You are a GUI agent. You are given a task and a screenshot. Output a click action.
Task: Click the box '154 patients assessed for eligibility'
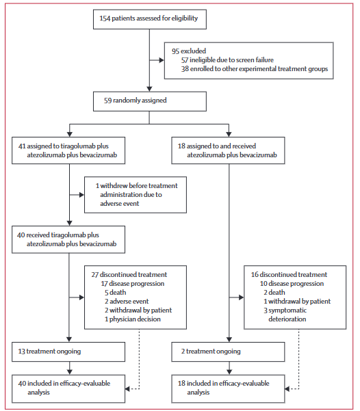pos(150,19)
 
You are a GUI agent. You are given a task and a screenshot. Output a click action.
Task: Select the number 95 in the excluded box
pos(175,51)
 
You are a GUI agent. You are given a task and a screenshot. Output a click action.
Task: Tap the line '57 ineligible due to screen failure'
pos(227,60)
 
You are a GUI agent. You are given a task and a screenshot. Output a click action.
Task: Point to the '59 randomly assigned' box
pos(150,101)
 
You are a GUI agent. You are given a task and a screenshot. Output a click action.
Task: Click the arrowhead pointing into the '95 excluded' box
pos(162,60)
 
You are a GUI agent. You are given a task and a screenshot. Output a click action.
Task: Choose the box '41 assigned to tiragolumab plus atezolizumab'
pos(68,150)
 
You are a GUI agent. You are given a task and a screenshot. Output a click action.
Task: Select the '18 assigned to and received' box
pos(228,150)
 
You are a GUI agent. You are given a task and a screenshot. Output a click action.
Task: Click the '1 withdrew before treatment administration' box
pos(136,195)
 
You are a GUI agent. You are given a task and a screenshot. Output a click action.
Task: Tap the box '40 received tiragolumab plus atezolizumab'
pos(68,239)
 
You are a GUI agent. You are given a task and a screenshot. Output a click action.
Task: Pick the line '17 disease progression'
pos(133,284)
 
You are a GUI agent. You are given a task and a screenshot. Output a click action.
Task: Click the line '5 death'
pos(115,293)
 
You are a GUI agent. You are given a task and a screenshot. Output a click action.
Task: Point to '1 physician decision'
pos(133,319)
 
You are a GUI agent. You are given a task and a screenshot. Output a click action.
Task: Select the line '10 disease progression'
pos(292,284)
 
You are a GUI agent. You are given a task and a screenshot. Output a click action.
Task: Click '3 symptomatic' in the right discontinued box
pos(285,310)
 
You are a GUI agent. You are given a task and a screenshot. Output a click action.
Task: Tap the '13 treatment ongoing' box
pos(68,352)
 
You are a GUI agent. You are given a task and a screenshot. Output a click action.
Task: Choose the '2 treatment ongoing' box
pos(228,352)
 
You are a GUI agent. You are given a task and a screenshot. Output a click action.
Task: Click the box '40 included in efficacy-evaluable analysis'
pos(68,388)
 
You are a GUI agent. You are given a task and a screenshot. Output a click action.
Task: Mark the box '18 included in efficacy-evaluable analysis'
pos(228,388)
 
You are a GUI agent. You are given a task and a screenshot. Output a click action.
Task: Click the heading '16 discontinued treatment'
pos(289,275)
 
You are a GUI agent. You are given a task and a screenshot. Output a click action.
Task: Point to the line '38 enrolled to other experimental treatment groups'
pos(255,69)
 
